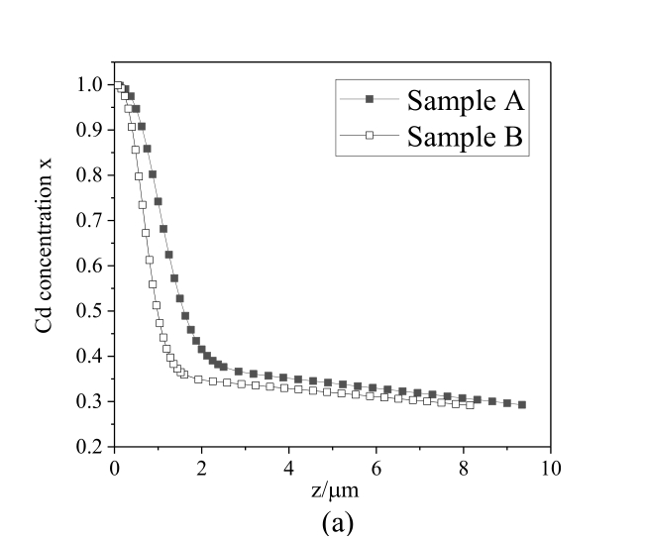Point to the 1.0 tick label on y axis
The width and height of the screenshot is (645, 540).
click(x=91, y=85)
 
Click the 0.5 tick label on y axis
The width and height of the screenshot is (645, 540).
click(x=91, y=311)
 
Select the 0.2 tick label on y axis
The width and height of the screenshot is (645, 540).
click(x=91, y=447)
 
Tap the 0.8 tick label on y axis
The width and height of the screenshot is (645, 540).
click(x=91, y=175)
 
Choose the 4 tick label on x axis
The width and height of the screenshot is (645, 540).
click(x=288, y=468)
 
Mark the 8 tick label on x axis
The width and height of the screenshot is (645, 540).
click(x=464, y=468)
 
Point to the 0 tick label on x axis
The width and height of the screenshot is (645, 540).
click(x=114, y=468)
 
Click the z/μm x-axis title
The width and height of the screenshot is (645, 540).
click(x=332, y=490)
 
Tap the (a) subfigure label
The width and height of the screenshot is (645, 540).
click(x=332, y=522)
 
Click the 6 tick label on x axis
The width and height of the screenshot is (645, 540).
click(x=376, y=468)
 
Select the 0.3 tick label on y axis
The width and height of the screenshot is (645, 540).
click(x=91, y=401)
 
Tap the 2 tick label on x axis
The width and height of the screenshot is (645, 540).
click(x=201, y=468)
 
